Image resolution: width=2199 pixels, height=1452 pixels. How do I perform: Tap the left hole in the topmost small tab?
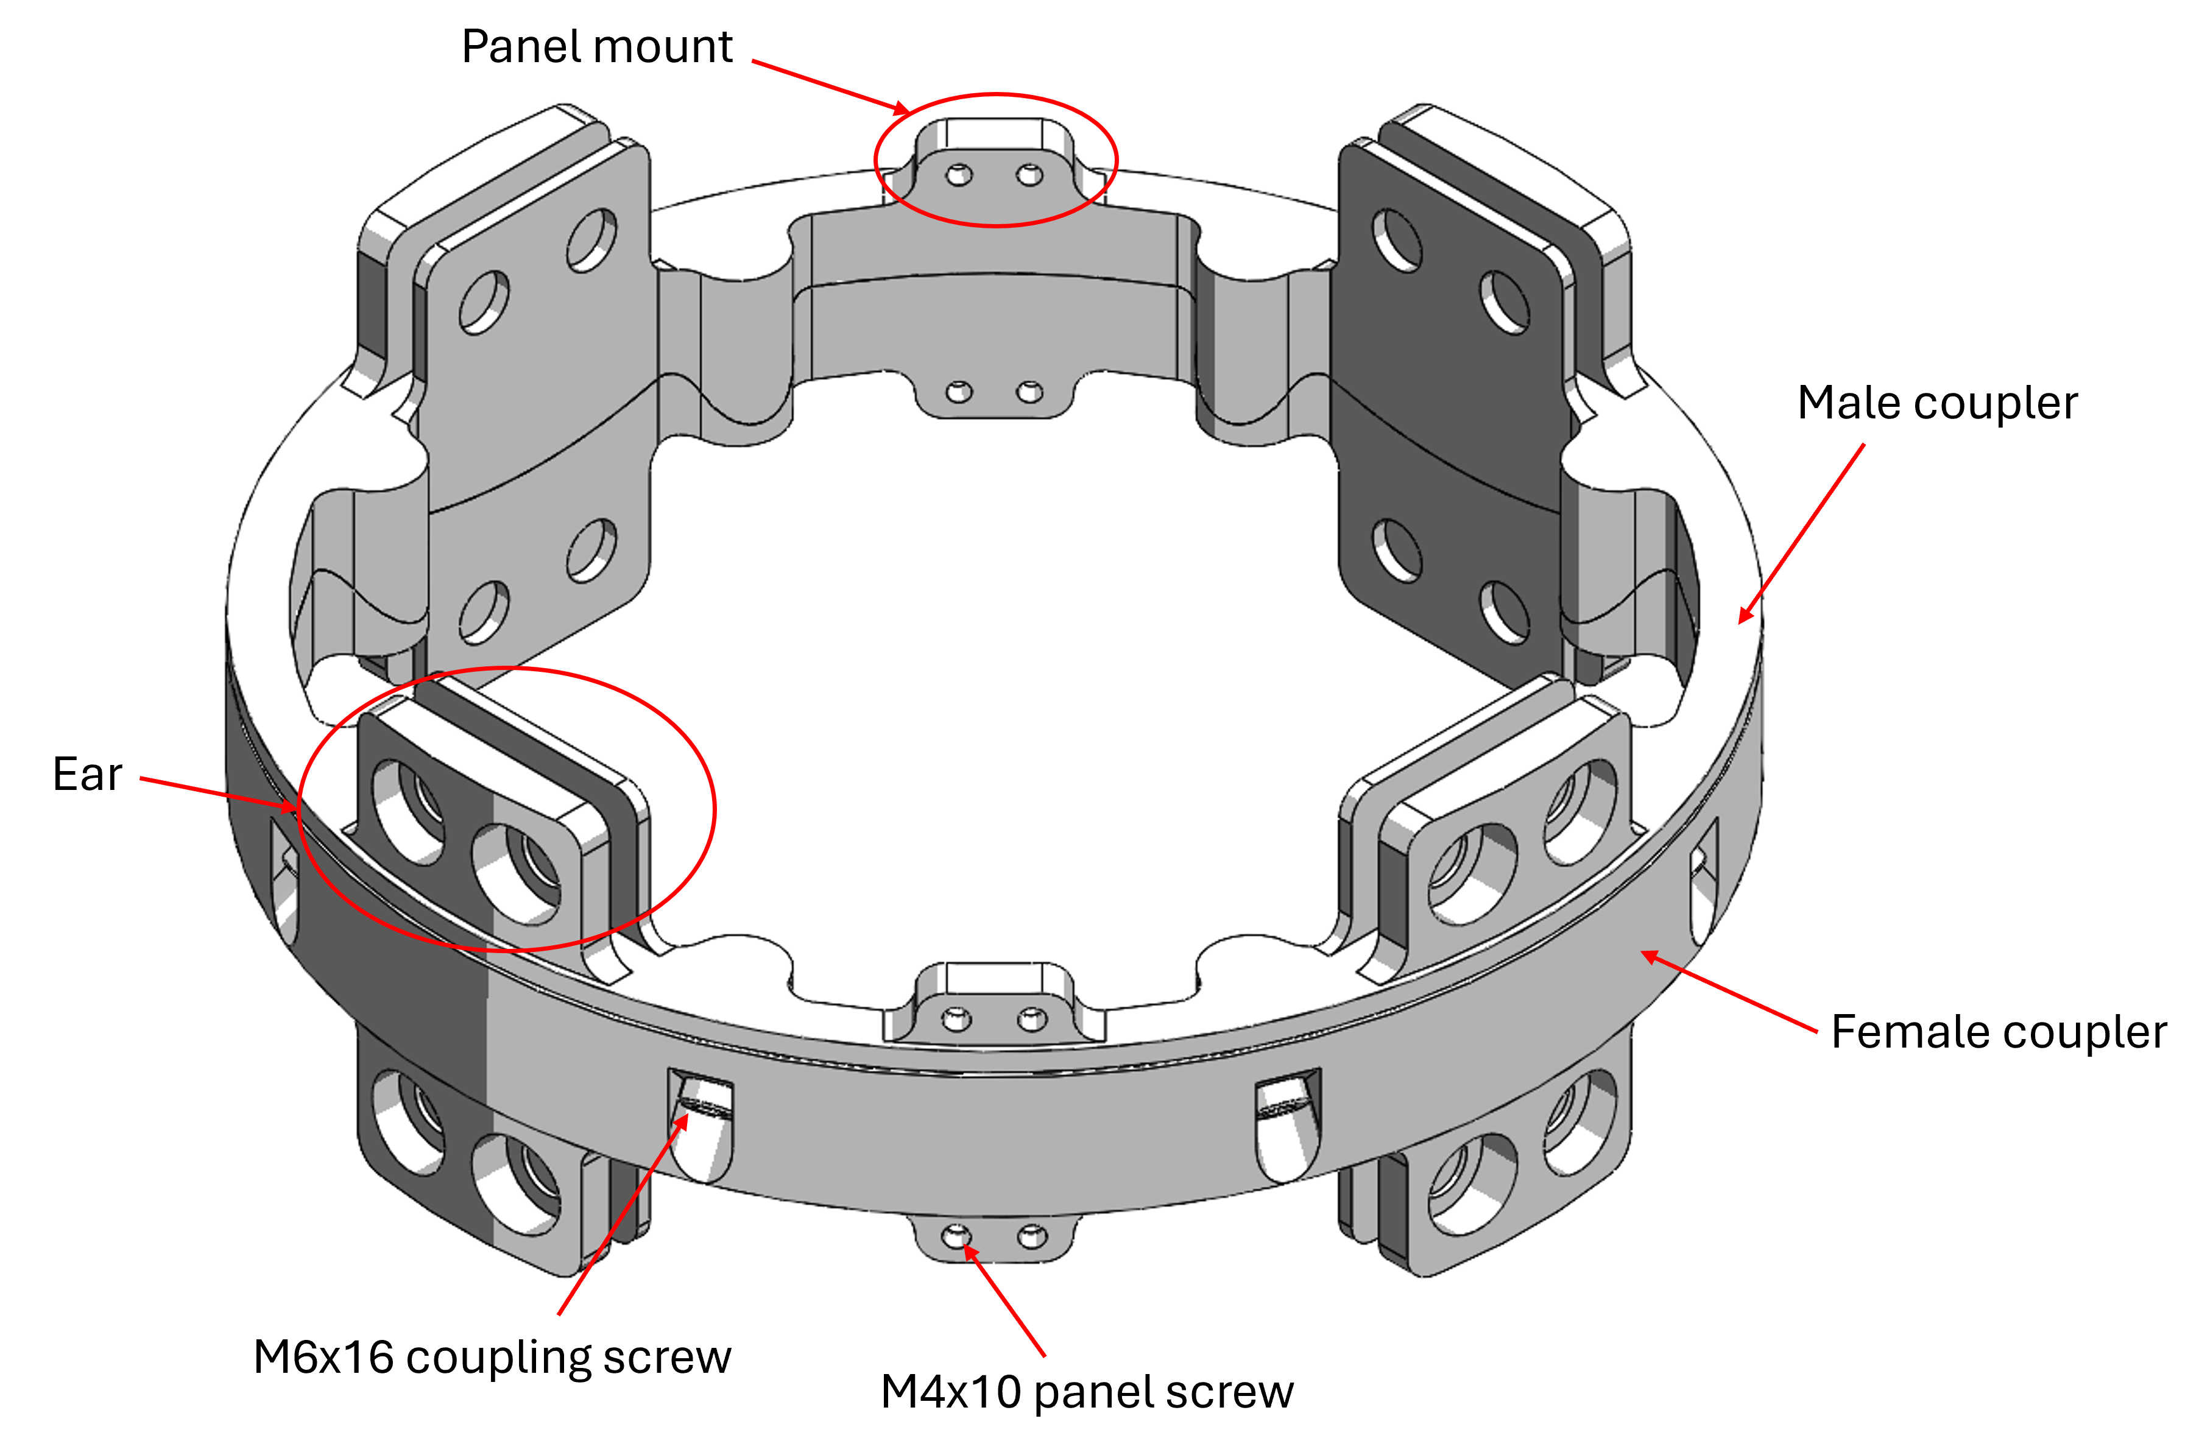[x=959, y=175]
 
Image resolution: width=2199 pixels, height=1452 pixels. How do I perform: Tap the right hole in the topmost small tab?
[x=1029, y=175]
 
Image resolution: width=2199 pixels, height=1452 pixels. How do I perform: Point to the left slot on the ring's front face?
[x=700, y=1125]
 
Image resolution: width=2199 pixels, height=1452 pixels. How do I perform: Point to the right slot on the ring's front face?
[x=1287, y=1125]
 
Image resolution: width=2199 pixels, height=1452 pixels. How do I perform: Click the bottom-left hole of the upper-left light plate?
[x=484, y=612]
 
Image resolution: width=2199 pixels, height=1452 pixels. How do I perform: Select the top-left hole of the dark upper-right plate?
[x=1397, y=241]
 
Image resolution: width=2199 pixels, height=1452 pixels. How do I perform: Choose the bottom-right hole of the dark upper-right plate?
[x=1505, y=612]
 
